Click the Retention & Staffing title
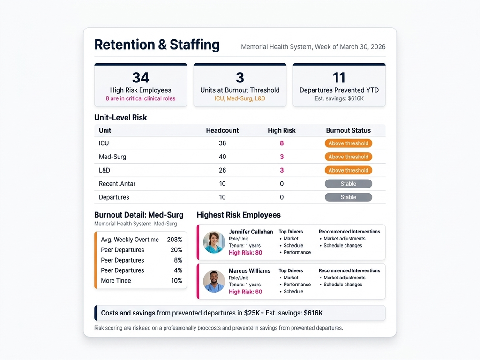point(157,45)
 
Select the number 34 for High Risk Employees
point(141,77)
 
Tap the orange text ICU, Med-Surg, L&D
point(240,98)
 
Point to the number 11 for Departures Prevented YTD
point(339,77)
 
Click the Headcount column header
point(222,130)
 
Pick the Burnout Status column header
point(348,130)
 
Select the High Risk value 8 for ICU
point(282,143)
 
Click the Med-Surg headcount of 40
point(222,157)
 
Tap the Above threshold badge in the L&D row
point(348,170)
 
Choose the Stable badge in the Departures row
point(348,197)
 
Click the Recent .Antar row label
point(117,184)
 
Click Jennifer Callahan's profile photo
point(214,242)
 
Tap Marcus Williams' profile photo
point(214,281)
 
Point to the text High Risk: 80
point(245,253)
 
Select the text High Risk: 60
point(245,292)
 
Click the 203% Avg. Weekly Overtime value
point(174,240)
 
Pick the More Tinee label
point(116,281)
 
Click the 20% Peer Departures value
point(176,250)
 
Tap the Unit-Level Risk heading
point(120,118)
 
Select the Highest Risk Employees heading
point(239,215)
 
